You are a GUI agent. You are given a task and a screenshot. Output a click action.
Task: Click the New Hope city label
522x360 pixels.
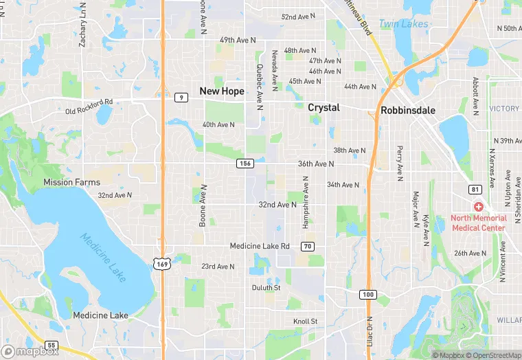coord(221,91)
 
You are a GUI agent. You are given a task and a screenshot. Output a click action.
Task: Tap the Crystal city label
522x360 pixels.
coord(324,108)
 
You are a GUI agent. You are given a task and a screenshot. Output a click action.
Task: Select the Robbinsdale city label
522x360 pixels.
coord(408,109)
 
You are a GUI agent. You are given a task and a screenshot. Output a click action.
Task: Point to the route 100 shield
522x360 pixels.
coord(368,294)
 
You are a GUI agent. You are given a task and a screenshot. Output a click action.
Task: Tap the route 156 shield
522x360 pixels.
coord(245,163)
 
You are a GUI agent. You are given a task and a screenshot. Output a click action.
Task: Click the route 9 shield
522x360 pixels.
coord(181,97)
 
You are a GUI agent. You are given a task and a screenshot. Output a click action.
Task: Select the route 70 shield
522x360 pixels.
coord(308,246)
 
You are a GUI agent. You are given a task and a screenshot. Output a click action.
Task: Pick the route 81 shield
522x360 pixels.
coord(475,189)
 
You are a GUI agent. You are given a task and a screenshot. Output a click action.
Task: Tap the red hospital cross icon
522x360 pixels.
coord(478,207)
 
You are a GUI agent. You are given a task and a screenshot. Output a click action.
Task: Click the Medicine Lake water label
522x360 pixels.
coord(103,258)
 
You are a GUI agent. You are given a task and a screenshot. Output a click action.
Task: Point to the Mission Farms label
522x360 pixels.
coord(71,182)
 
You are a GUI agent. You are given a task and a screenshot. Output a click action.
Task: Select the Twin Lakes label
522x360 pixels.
coord(404,24)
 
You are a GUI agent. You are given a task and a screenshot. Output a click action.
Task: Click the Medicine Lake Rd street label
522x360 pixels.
coord(260,246)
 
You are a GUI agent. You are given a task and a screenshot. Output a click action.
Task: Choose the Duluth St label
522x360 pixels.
coord(266,288)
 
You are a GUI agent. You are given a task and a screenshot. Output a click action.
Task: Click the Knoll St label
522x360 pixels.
coord(305,322)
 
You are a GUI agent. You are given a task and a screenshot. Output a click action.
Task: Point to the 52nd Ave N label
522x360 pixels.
coord(299,16)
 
